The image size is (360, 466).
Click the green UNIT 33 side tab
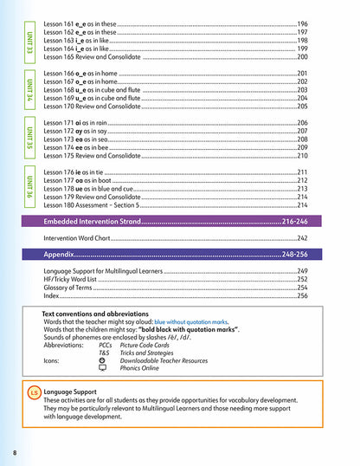30,40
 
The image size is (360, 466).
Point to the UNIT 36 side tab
30,189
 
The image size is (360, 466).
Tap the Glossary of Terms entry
70,288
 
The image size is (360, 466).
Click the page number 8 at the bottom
15,453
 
